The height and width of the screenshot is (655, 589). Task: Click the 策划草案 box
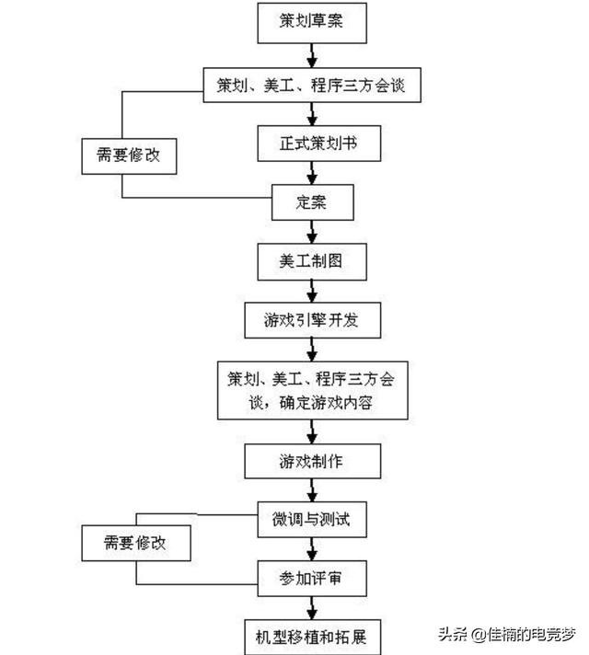coord(312,23)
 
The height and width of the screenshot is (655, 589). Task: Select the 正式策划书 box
coord(319,144)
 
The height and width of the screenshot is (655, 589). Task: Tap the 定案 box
coord(312,202)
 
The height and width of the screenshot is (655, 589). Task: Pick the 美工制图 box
coord(312,261)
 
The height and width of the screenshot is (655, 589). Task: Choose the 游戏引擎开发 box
coord(312,320)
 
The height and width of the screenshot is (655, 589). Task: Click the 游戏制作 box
coord(312,461)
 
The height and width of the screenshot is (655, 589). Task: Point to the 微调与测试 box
coord(312,520)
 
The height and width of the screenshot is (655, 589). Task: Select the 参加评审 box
coord(312,579)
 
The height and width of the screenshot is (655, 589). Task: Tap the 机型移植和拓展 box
coord(312,638)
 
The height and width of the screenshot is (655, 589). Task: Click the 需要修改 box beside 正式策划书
coord(129,156)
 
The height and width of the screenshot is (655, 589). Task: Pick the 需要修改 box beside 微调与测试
coord(136,543)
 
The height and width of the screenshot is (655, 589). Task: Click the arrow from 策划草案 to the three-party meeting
coord(312,55)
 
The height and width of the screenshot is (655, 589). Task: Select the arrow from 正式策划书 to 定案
coord(312,173)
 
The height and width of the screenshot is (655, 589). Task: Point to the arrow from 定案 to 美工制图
coord(312,232)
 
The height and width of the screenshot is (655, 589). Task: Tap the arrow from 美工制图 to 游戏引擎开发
coord(312,292)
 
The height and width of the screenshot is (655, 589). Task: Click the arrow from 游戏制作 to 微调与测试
coord(312,490)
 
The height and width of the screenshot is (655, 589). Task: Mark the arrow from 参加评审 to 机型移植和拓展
coord(312,608)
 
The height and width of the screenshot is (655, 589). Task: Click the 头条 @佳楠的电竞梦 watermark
coord(507,635)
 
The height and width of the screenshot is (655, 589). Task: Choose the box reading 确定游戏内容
coord(312,391)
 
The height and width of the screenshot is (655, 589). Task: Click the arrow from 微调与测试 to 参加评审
coord(312,549)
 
